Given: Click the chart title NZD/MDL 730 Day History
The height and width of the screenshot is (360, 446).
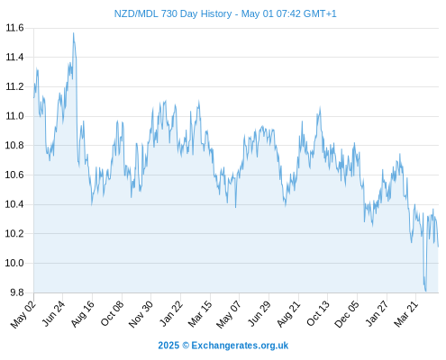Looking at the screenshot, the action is [173, 13].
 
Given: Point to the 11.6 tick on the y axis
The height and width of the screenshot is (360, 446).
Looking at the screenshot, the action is [14, 28].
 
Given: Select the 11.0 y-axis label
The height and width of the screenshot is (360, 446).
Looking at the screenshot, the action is [14, 116].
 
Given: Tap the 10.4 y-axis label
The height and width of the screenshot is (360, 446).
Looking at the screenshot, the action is [14, 204].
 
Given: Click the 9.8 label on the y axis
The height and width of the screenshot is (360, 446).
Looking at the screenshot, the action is [17, 292].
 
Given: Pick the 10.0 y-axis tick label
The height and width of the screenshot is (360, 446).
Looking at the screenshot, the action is [14, 263].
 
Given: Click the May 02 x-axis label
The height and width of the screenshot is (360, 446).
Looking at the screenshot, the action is [23, 314].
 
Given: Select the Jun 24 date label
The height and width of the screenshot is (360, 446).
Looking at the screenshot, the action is [53, 314].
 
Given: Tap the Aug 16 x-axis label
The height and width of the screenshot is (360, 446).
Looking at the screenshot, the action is [83, 314].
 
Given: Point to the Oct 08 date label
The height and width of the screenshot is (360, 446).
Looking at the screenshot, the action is [112, 314].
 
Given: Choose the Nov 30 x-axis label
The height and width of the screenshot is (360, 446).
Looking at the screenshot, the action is [141, 314].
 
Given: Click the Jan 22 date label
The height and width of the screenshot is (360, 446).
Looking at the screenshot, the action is [171, 314].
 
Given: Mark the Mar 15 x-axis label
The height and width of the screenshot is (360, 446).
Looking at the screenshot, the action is [200, 314].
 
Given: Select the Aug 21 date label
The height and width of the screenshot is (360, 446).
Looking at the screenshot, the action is [288, 314].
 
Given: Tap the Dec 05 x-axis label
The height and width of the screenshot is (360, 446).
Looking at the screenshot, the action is [347, 314].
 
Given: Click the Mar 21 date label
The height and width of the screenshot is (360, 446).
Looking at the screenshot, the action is [406, 314].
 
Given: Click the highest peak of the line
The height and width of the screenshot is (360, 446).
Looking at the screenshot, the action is [73, 33].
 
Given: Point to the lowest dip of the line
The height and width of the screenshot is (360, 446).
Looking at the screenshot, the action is [425, 291].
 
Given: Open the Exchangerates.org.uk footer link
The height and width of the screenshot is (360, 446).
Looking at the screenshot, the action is [240, 346].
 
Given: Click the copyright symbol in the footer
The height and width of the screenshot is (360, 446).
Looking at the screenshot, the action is [186, 346].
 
